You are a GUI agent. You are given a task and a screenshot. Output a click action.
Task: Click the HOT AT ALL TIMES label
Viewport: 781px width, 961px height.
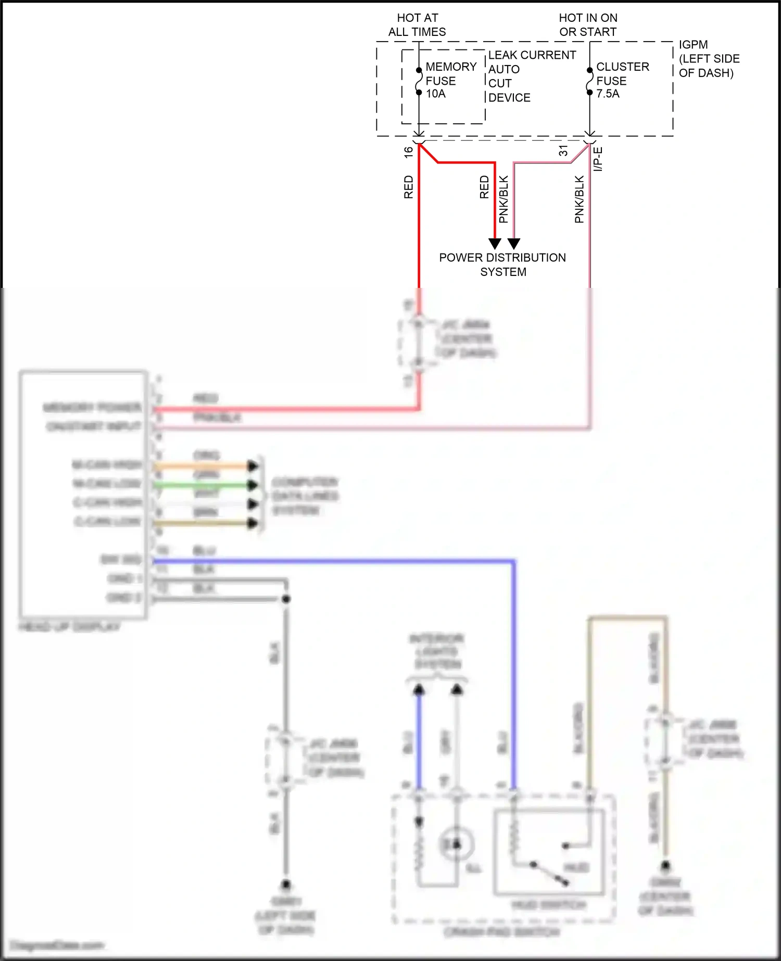[417, 25]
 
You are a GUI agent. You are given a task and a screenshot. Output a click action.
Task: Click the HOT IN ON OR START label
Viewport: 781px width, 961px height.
[588, 25]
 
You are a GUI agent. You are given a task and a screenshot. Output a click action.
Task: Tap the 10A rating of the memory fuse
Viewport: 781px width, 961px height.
[436, 94]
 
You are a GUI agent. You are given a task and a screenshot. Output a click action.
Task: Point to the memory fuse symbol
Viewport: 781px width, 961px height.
[419, 81]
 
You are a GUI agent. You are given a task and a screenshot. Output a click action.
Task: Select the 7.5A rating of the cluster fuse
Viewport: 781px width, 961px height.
[608, 94]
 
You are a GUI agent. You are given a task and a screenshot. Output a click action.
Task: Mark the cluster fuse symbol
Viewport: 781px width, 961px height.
[589, 81]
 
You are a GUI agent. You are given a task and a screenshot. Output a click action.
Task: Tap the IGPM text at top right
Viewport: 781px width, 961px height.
[693, 45]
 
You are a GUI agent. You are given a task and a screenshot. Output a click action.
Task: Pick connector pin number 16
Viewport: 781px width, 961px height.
[409, 151]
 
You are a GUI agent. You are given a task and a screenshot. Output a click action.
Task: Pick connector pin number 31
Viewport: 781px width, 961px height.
[563, 151]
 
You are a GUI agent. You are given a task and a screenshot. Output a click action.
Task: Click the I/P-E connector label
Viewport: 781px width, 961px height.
[598, 159]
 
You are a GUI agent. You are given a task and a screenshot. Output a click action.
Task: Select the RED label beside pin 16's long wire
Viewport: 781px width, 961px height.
[409, 187]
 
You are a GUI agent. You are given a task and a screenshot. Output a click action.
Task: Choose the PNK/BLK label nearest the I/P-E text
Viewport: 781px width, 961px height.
[580, 199]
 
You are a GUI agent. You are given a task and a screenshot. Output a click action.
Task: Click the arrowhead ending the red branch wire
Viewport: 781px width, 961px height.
[495, 244]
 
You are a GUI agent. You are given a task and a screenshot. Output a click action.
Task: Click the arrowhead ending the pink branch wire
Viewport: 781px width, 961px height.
[514, 244]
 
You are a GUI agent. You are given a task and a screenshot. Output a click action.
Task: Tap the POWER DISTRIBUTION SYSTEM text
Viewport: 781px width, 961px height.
[502, 264]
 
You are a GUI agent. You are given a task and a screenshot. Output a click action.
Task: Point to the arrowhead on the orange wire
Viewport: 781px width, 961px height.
[253, 466]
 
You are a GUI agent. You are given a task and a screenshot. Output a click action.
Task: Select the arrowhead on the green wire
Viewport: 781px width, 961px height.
[253, 485]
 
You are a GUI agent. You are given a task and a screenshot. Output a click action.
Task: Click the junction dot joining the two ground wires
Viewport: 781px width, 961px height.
[286, 599]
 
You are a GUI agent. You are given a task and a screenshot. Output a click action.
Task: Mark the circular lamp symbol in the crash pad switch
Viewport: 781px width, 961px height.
[457, 844]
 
